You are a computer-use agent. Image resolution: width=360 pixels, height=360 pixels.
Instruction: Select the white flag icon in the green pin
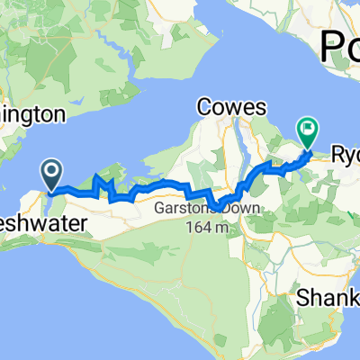pos(309,130)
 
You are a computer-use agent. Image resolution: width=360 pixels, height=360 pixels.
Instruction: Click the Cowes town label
pos(232,107)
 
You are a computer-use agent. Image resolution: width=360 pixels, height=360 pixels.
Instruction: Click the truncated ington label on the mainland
pos(31,115)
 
